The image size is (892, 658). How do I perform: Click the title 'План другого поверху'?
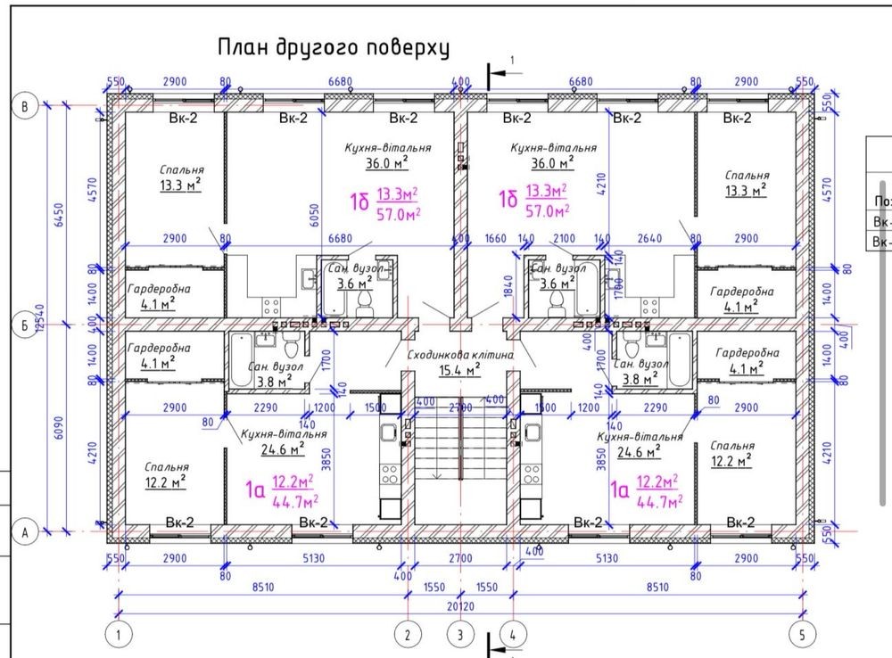click(333, 46)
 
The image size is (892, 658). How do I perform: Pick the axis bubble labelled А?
click(25, 532)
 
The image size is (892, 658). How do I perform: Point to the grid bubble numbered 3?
click(460, 635)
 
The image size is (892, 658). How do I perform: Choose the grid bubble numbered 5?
click(801, 635)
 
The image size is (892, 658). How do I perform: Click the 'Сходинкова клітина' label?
click(459, 355)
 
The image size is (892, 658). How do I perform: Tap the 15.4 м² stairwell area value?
click(459, 369)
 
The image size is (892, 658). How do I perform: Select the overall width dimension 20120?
click(460, 607)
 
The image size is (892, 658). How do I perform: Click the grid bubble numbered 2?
click(408, 635)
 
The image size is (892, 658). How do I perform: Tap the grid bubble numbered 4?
click(514, 635)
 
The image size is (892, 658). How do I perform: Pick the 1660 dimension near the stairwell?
click(496, 238)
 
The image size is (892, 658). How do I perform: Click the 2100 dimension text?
click(565, 238)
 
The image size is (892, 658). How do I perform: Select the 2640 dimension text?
click(648, 238)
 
